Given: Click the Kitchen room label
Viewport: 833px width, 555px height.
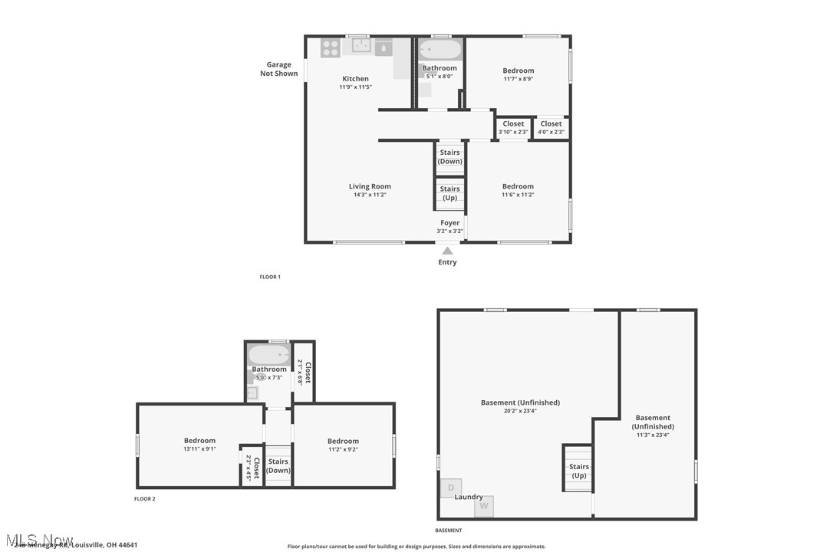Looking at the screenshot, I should pos(355,79).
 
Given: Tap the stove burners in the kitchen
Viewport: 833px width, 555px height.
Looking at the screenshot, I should pos(331,48).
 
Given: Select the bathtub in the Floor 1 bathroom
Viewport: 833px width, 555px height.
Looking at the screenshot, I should pos(440,51).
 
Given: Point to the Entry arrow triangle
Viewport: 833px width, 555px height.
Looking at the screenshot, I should pos(447,251).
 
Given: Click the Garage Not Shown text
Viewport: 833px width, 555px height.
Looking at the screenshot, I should pos(278,69).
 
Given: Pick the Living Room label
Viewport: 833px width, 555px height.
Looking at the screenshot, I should pos(370,186).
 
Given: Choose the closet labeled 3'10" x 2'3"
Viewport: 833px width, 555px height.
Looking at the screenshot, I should pos(513,127).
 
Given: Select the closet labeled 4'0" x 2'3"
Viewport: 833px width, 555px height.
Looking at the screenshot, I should pos(551,127).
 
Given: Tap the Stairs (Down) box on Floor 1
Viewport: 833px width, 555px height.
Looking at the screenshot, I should pos(450,157).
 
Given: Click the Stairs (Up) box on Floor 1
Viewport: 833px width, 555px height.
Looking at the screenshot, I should pos(450,193).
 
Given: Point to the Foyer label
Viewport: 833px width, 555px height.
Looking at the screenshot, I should pos(450,223).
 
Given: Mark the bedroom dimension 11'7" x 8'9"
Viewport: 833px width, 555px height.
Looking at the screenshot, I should pos(519,79).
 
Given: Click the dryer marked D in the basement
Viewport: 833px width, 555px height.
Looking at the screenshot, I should pos(451,488).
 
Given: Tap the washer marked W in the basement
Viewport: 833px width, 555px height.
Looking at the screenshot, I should pos(483,506).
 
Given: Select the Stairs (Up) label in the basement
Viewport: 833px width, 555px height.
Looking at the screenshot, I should pos(579,471).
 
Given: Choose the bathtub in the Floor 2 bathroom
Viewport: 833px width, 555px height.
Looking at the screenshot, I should pos(268,354).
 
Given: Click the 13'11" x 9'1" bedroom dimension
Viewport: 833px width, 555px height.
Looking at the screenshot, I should pos(199,449).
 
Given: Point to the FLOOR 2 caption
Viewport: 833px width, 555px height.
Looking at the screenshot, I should pos(145,499).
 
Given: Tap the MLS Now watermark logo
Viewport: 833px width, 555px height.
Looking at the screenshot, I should pos(38,540).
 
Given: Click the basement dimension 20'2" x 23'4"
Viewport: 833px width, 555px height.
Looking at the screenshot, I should pos(520,411).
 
